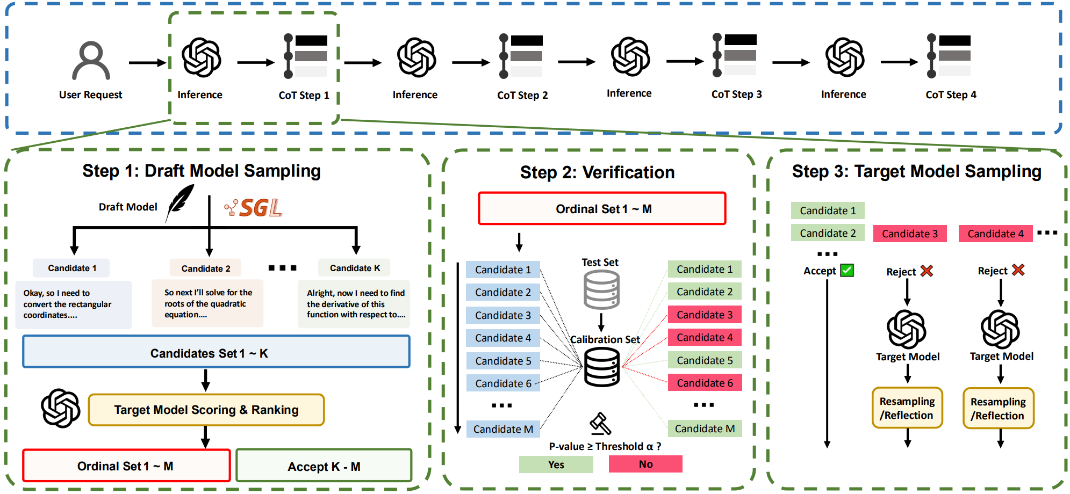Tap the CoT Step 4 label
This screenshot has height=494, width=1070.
coord(951,95)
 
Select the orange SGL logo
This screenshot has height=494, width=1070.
coord(254,208)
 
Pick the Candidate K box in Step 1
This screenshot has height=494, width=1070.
coord(355,268)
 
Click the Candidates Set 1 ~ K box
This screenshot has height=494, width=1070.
coord(216,352)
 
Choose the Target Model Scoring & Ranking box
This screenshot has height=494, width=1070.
coord(206,410)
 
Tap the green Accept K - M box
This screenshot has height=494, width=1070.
coord(324,466)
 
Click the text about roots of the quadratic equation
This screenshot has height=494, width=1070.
coord(207,304)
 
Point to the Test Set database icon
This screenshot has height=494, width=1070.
coord(601,289)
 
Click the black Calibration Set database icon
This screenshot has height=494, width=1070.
coord(602,367)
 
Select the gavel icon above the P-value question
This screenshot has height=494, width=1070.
coord(600,424)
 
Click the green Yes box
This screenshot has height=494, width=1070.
coord(556,464)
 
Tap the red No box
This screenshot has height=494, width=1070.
coord(645,464)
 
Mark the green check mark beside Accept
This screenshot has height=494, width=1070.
coord(848,270)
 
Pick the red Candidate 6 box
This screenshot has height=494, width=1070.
coord(705,383)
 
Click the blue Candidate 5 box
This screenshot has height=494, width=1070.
coord(503,361)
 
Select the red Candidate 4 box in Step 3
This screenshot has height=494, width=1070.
coord(995,234)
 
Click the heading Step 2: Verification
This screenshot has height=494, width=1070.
coord(597,172)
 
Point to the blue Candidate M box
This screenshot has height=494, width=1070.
coord(503,429)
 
